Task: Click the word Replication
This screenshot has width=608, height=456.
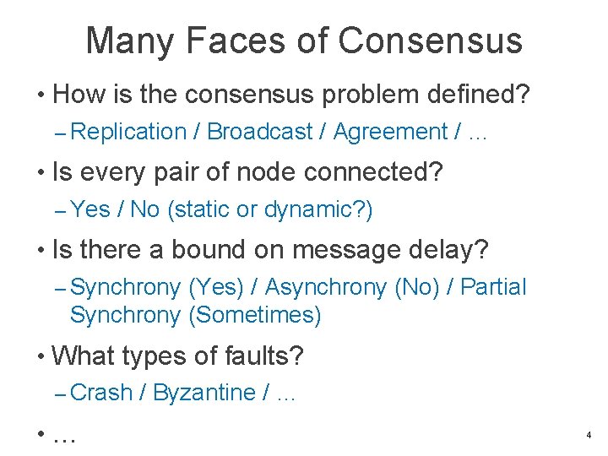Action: point(128,132)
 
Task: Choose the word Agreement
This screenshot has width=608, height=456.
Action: point(390,132)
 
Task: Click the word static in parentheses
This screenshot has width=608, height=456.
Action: point(202,209)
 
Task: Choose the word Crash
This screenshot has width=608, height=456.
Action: point(102,393)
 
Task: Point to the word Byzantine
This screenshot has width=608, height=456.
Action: point(205,393)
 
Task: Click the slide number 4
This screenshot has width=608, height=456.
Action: point(588,436)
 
